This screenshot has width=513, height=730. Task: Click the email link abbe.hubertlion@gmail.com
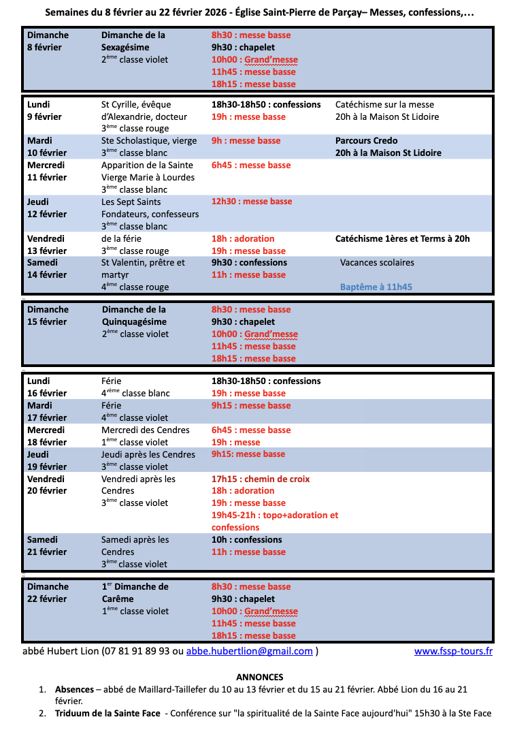coord(249,651)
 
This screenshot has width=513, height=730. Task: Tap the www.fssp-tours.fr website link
coord(453,651)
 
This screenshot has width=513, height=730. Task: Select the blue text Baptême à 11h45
coord(376,287)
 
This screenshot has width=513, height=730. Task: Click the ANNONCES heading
coord(259,677)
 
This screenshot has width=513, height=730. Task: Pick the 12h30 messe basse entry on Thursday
coord(252,202)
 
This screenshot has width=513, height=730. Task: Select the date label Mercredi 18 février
coord(47,436)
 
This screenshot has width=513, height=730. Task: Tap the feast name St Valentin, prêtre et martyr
coord(143,268)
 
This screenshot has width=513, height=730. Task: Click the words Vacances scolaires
coord(377,262)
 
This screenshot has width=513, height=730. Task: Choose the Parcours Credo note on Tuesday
coord(367,141)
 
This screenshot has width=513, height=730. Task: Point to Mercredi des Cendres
coord(146,430)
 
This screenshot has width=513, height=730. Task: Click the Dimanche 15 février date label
coord(48,315)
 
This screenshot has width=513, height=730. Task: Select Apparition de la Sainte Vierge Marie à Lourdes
coord(147,171)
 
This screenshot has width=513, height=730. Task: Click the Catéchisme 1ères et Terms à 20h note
coord(402,238)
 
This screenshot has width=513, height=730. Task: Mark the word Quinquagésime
coord(134,321)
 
